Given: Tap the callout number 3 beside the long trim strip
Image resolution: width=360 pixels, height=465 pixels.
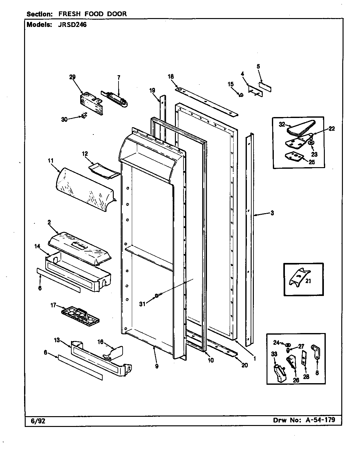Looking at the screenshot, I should point(272,213).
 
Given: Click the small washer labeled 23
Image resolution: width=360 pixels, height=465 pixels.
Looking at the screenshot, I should point(311,144).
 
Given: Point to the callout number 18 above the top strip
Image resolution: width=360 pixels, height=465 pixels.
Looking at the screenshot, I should point(170,76).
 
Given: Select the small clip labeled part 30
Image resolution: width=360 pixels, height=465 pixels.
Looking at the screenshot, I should point(84,116).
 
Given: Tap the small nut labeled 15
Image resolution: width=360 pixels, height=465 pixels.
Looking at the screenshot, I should point(241,95).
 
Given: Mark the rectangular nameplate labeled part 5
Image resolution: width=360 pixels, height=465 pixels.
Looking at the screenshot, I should point(265,87).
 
